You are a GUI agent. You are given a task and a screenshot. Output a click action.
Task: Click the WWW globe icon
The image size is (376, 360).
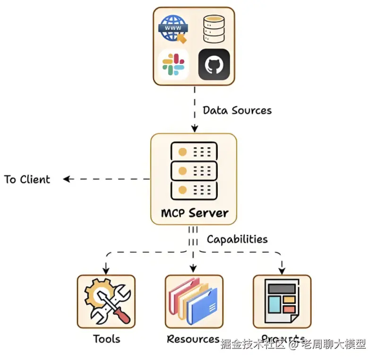(x=173, y=29)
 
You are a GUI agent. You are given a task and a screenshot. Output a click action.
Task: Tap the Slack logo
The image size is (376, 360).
(x=173, y=65)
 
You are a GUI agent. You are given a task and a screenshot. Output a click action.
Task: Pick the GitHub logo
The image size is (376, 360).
(x=214, y=65)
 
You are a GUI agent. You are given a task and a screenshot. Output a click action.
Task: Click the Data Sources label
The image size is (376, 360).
(x=237, y=110)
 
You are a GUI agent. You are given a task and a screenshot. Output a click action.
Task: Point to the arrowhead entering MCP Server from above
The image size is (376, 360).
(x=194, y=128)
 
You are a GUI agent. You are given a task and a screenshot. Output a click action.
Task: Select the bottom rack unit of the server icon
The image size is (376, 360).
(x=193, y=190)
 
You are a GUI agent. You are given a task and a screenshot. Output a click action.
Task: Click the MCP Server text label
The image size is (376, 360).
(x=194, y=213)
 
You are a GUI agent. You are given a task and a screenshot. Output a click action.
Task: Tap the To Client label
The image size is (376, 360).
(x=27, y=179)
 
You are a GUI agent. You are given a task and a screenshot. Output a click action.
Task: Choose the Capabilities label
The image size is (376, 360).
(x=237, y=239)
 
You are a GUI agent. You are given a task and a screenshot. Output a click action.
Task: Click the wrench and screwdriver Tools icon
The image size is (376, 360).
(x=106, y=302)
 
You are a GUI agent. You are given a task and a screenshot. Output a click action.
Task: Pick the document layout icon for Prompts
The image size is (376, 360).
(x=282, y=302)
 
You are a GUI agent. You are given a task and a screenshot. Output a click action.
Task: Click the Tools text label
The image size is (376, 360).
(x=106, y=339)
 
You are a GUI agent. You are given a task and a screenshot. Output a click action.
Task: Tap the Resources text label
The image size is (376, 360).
(x=193, y=339)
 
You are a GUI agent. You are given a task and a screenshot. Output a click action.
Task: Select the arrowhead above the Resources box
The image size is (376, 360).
(x=193, y=269)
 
